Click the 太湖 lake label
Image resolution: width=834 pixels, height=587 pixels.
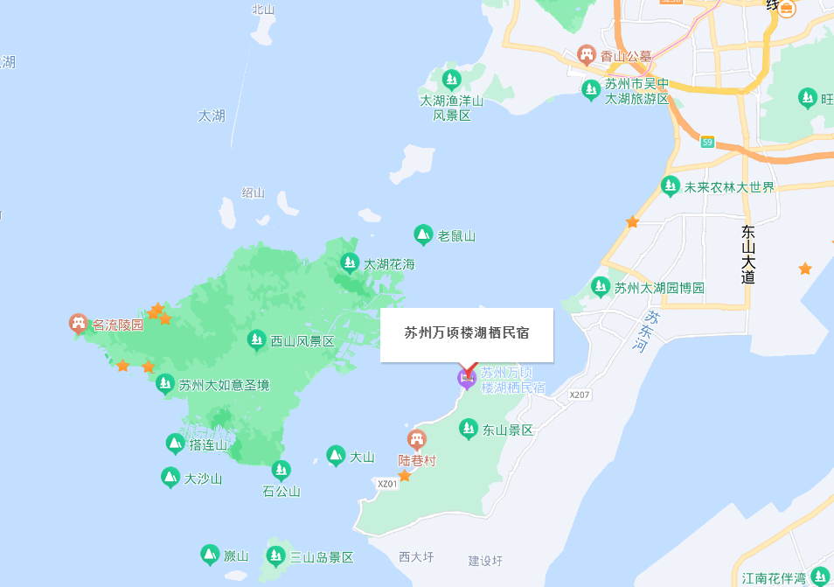click(212, 115)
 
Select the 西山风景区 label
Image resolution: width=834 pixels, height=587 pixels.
click(302, 341)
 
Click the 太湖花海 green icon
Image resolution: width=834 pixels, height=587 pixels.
click(350, 262)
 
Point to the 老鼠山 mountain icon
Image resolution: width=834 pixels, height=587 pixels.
click(423, 234)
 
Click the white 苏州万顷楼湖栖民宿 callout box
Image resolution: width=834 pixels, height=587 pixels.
click(467, 334)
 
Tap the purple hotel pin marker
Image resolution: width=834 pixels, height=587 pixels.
click(467, 378)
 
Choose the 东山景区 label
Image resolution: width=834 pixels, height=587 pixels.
click(508, 430)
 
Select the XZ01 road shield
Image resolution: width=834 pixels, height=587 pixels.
click(387, 484)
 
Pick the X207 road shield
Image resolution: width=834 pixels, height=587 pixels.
click(580, 395)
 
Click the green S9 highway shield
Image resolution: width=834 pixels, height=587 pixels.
click(707, 142)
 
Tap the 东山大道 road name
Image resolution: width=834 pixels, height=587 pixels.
click(747, 255)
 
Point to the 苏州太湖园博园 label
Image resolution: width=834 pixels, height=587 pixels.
click(659, 288)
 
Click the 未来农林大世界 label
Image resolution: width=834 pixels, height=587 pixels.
click(728, 186)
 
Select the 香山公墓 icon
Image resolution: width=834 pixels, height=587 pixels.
click(587, 56)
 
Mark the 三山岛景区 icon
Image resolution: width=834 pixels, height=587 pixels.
click(276, 555)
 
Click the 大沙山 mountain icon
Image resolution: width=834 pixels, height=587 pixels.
click(170, 478)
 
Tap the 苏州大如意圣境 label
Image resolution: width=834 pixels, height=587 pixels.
click(225, 385)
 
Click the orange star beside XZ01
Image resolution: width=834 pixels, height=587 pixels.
click(405, 476)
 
